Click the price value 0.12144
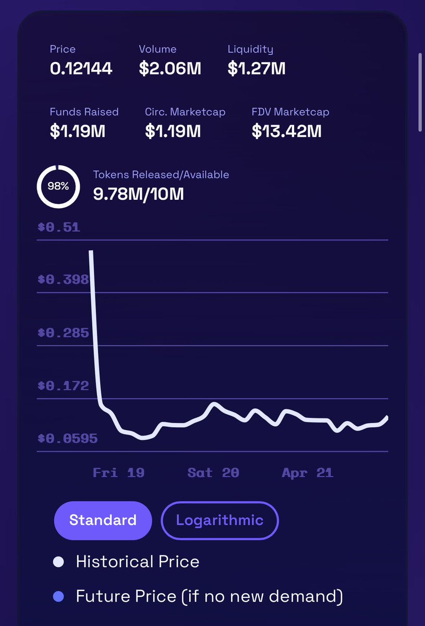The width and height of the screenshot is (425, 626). pyautogui.click(x=81, y=68)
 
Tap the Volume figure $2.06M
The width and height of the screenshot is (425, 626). pyautogui.click(x=169, y=68)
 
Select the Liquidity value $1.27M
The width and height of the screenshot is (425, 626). pyautogui.click(x=256, y=68)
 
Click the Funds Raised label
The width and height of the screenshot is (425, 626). pyautogui.click(x=84, y=112)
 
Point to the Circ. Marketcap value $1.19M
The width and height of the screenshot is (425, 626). pyautogui.click(x=173, y=131)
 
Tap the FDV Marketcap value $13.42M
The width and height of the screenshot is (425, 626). pyautogui.click(x=286, y=131)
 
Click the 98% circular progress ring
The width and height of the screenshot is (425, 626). pyautogui.click(x=58, y=186)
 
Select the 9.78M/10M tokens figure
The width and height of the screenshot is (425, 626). pyautogui.click(x=138, y=194)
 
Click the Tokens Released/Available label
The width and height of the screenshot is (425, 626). pyautogui.click(x=161, y=175)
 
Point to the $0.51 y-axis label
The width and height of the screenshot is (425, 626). pyautogui.click(x=58, y=227)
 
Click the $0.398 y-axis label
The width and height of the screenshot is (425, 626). pyautogui.click(x=63, y=280)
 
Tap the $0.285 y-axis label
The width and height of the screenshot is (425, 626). pyautogui.click(x=63, y=333)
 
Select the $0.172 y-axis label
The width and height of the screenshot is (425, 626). pyautogui.click(x=63, y=386)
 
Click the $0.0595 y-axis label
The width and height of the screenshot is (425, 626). pyautogui.click(x=67, y=439)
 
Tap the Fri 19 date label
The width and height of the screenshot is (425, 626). pyautogui.click(x=118, y=473)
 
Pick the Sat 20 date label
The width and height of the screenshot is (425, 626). pyautogui.click(x=213, y=473)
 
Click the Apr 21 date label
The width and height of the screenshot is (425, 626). pyautogui.click(x=307, y=473)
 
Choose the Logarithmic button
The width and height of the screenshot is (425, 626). pyautogui.click(x=220, y=520)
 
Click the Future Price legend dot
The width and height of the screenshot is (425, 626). pyautogui.click(x=58, y=596)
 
